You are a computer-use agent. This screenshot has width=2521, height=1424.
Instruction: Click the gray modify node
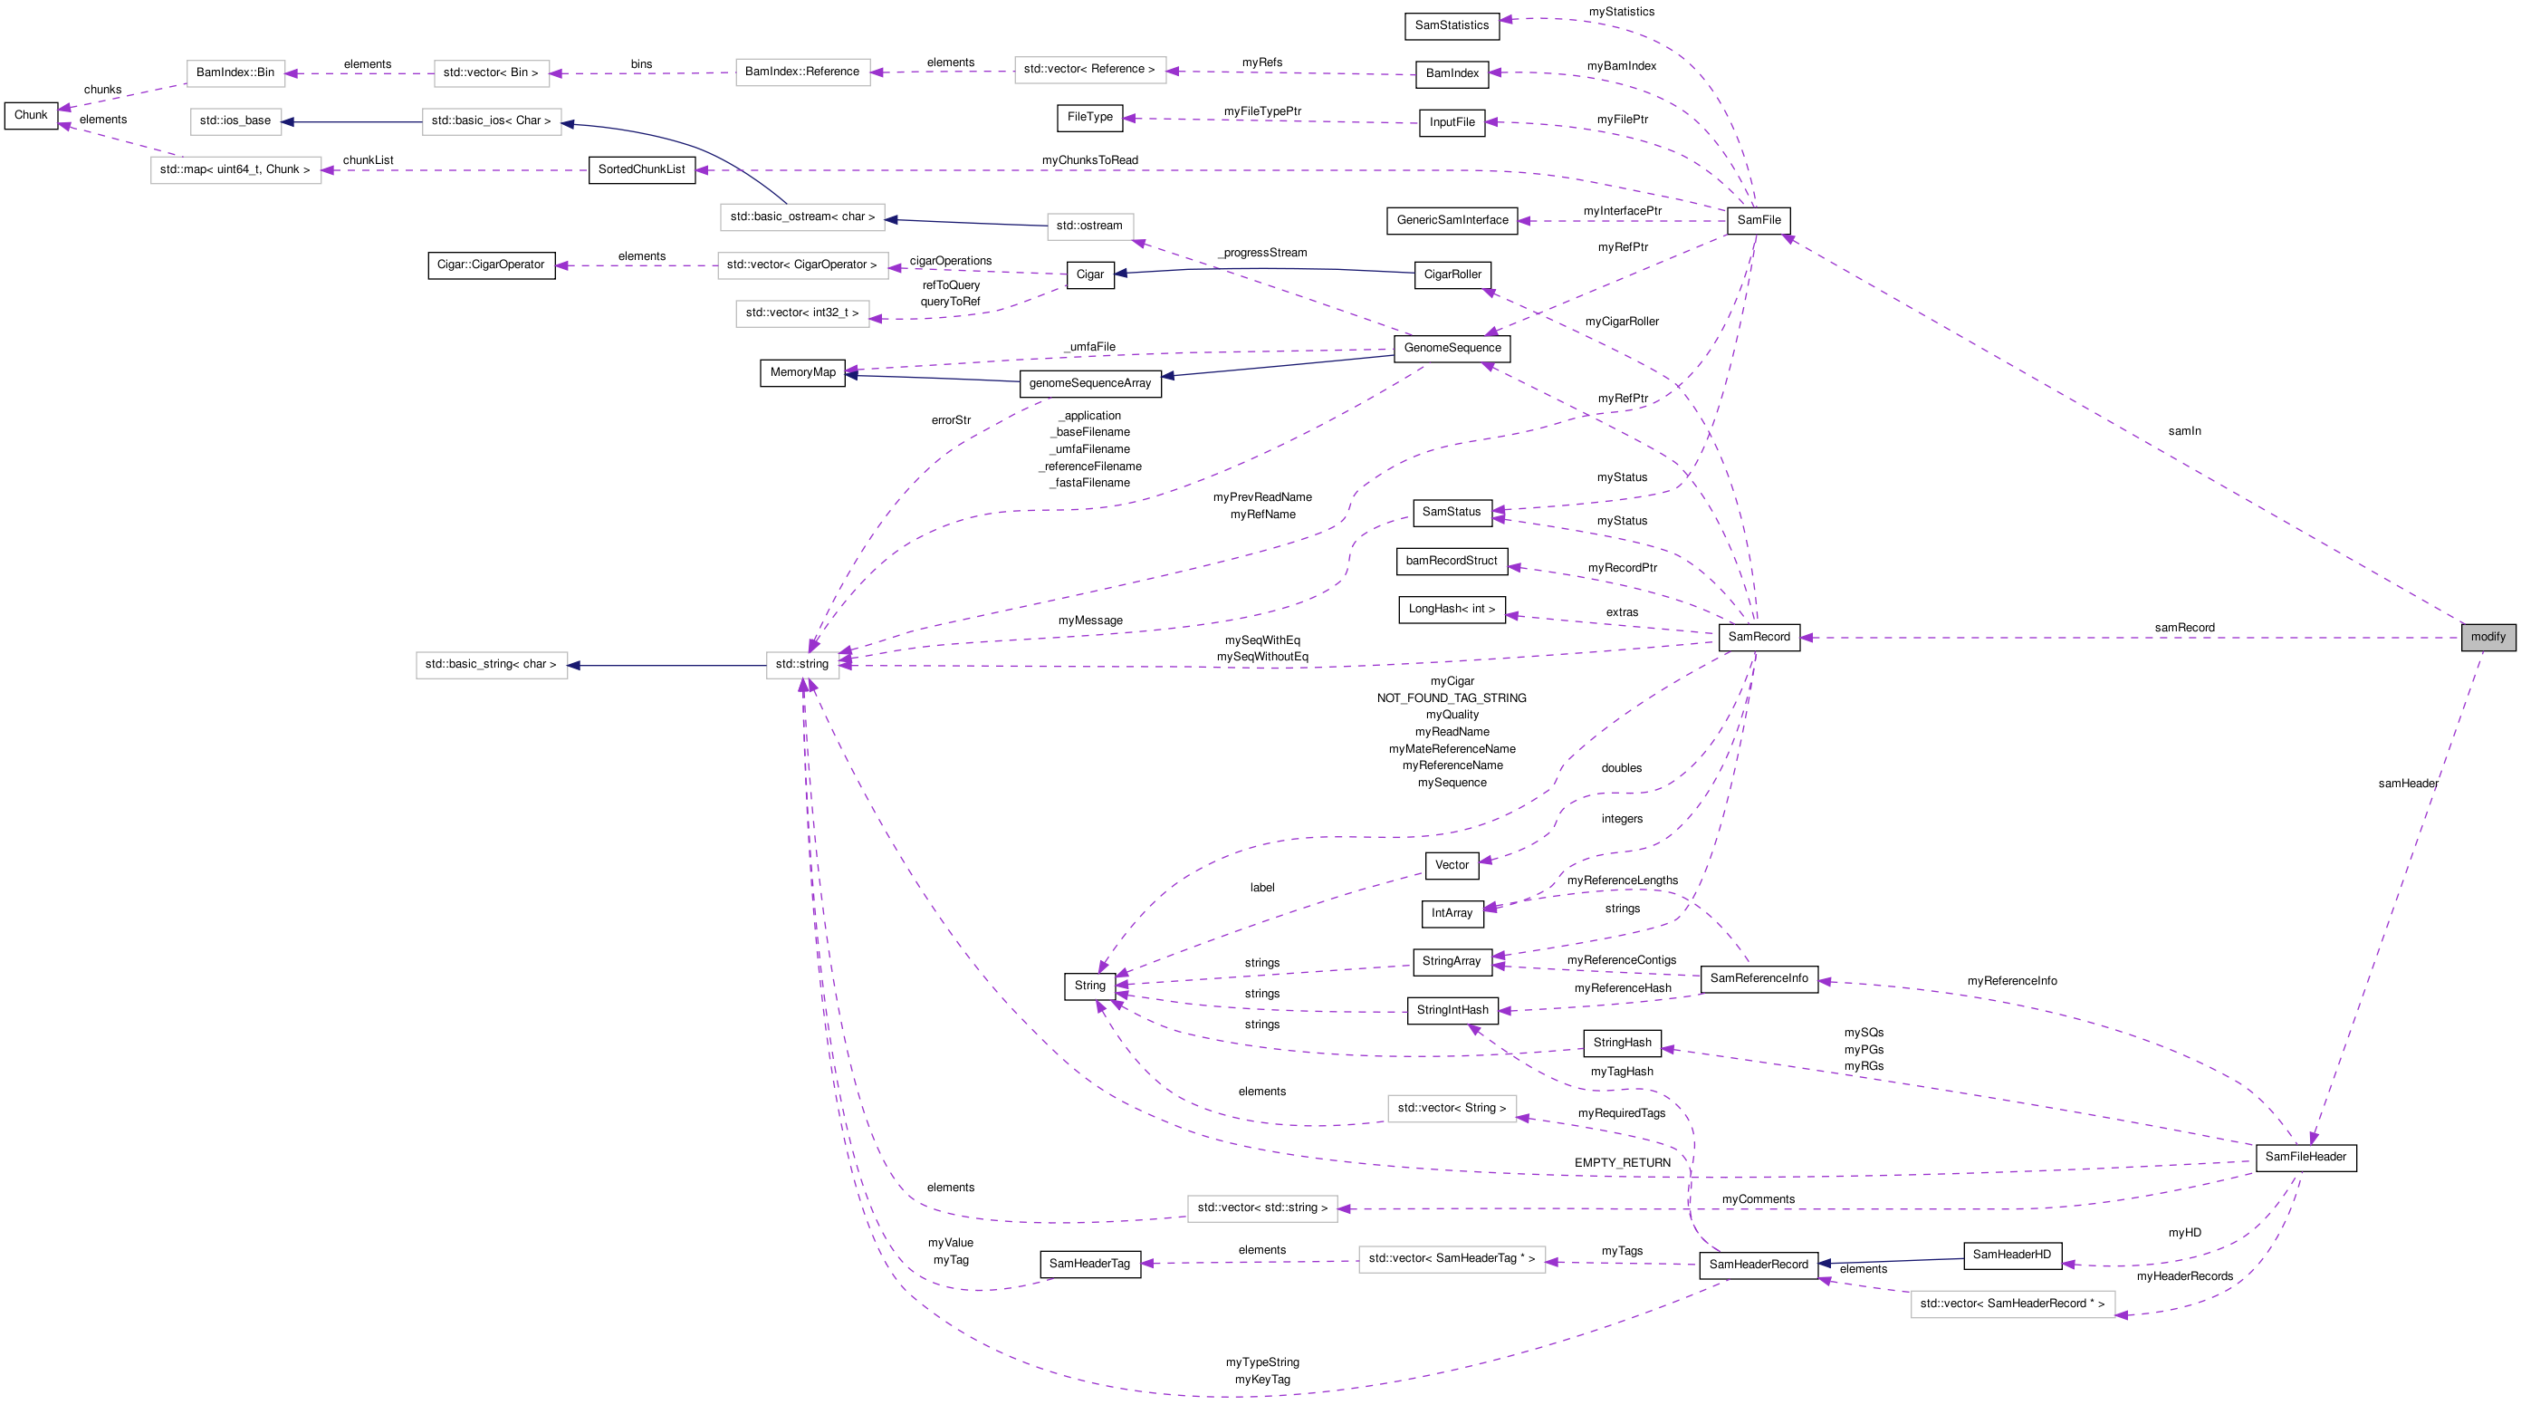tap(2487, 637)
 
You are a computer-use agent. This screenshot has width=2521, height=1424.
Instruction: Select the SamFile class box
tap(1759, 220)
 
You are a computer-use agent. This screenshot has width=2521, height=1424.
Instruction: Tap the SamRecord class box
tap(1759, 637)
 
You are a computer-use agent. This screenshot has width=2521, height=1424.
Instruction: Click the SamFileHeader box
tap(2305, 1157)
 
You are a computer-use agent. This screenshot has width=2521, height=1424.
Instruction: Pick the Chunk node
tap(31, 115)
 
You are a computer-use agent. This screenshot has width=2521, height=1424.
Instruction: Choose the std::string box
tap(801, 665)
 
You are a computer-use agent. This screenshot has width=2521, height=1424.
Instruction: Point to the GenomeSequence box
tap(1452, 349)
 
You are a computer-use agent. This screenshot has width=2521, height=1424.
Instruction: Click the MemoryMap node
tap(802, 373)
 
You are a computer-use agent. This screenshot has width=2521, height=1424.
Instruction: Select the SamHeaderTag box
tap(1089, 1265)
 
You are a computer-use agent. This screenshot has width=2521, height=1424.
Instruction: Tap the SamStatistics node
tap(1452, 25)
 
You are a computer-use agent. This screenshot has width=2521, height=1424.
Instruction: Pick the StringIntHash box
tap(1452, 1010)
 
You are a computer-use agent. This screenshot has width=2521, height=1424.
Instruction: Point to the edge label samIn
tap(2183, 431)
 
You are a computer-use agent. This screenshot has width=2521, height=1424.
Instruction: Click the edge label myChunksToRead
tap(1089, 160)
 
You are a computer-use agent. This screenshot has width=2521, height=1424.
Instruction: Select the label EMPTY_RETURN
tap(1622, 1164)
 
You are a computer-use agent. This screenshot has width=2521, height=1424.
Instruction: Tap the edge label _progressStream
tap(1262, 254)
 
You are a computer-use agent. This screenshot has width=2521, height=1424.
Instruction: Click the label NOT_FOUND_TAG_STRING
tap(1451, 698)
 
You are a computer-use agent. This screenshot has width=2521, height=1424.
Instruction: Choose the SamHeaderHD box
tap(2011, 1255)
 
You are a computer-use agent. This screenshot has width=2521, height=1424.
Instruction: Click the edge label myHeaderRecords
tap(2184, 1277)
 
